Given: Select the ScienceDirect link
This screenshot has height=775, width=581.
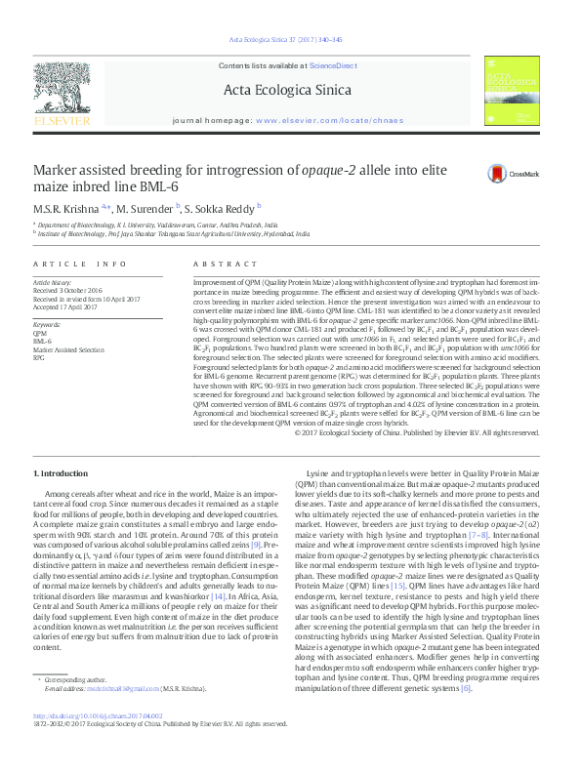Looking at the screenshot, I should pyautogui.click(x=331, y=64).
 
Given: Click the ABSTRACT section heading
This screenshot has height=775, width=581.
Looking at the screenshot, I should pyautogui.click(x=216, y=265).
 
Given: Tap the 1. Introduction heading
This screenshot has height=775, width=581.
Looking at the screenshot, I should pyautogui.click(x=60, y=472).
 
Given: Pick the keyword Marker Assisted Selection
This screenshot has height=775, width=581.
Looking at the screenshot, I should pyautogui.click(x=68, y=348).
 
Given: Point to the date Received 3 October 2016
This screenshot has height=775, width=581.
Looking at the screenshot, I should pyautogui.click(x=69, y=290).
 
